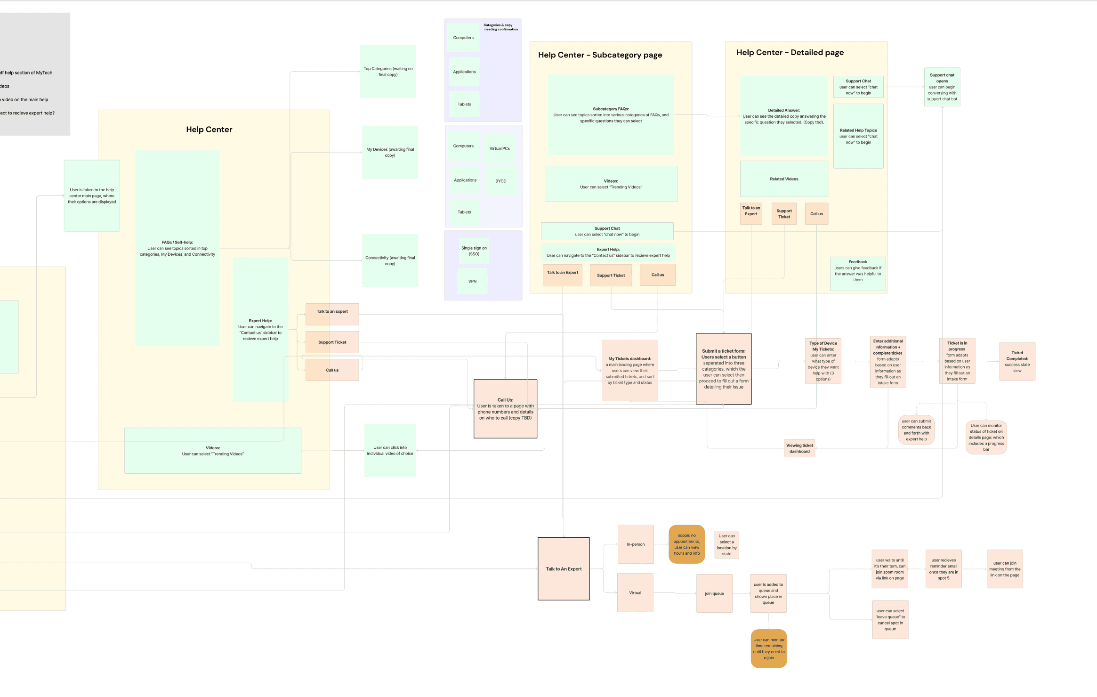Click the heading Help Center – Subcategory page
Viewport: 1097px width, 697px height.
point(600,55)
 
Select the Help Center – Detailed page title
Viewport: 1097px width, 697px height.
point(790,53)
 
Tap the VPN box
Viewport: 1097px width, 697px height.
point(472,281)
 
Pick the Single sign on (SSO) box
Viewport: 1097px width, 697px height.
point(474,251)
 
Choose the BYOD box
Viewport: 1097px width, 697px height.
point(500,181)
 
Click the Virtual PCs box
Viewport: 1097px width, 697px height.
point(500,148)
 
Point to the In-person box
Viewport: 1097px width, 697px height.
point(636,544)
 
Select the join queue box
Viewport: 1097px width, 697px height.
point(714,593)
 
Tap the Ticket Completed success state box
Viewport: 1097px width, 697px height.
point(1017,362)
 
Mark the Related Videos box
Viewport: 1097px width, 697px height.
point(784,179)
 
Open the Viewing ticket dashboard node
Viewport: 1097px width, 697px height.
point(799,448)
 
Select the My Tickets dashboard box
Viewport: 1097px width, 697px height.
point(629,371)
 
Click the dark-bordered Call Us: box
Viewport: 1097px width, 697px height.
point(505,409)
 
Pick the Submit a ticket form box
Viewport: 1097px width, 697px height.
point(724,369)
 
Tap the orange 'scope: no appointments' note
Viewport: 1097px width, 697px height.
point(686,544)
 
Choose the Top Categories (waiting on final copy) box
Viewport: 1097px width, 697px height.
point(388,72)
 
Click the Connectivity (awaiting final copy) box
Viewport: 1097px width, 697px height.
point(390,260)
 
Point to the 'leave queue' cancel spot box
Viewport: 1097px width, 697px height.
point(890,620)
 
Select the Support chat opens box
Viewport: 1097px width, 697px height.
point(942,87)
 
